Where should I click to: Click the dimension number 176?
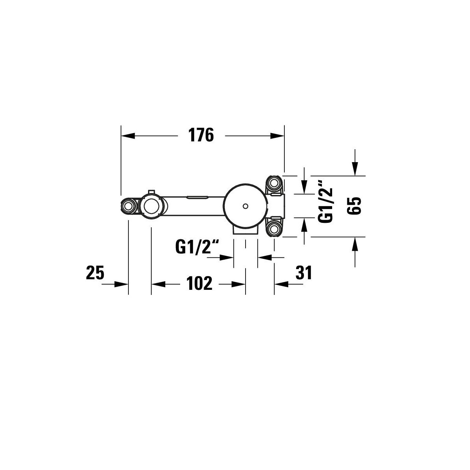click(x=201, y=135)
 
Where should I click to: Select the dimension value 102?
click(x=199, y=284)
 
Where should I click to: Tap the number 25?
click(x=95, y=273)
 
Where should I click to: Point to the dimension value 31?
click(x=304, y=273)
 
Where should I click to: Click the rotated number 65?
click(x=354, y=206)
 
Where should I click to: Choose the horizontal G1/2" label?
click(x=197, y=247)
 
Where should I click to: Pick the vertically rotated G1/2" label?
click(x=325, y=201)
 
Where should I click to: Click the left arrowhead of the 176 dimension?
click(x=128, y=136)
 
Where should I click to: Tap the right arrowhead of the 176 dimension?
click(x=277, y=136)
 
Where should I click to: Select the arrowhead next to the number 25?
click(x=121, y=284)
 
